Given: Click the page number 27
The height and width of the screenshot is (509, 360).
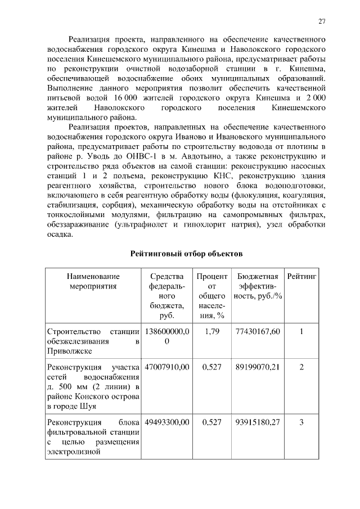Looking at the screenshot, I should pyautogui.click(x=322, y=21).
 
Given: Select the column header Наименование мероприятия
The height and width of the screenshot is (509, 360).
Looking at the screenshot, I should pyautogui.click(x=93, y=281).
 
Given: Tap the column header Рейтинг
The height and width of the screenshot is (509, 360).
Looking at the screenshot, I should pyautogui.click(x=302, y=276).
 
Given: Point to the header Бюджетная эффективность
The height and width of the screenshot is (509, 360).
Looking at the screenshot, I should pyautogui.click(x=258, y=286).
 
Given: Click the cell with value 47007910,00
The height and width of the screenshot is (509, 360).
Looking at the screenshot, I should pyautogui.click(x=168, y=367).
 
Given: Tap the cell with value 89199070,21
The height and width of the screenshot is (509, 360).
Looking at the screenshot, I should pyautogui.click(x=258, y=367).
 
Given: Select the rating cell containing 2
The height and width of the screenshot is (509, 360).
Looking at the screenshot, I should pyautogui.click(x=301, y=367).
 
